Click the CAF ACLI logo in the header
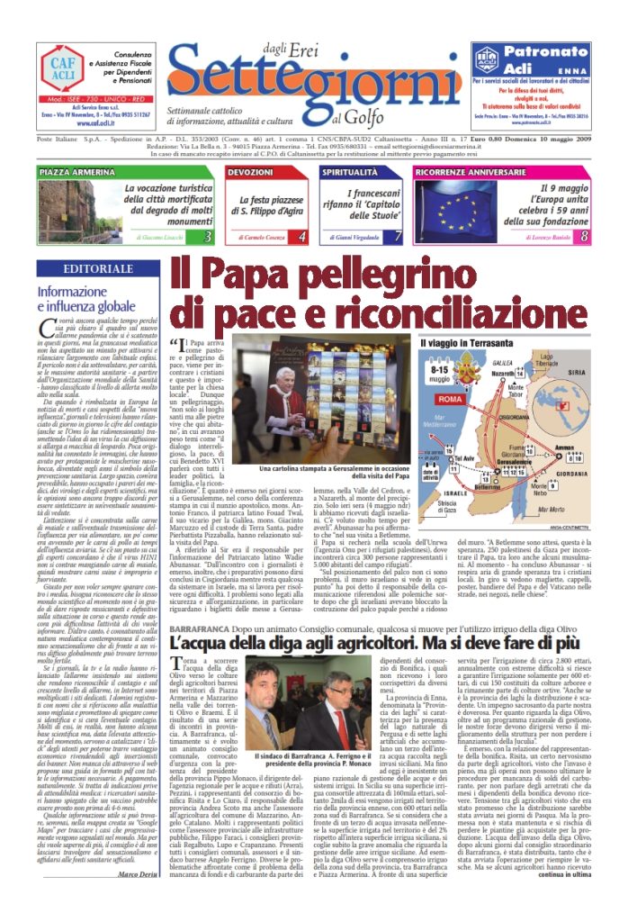(x=63, y=68)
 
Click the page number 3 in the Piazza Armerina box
(x=207, y=237)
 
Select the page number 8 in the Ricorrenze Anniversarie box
(x=584, y=237)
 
